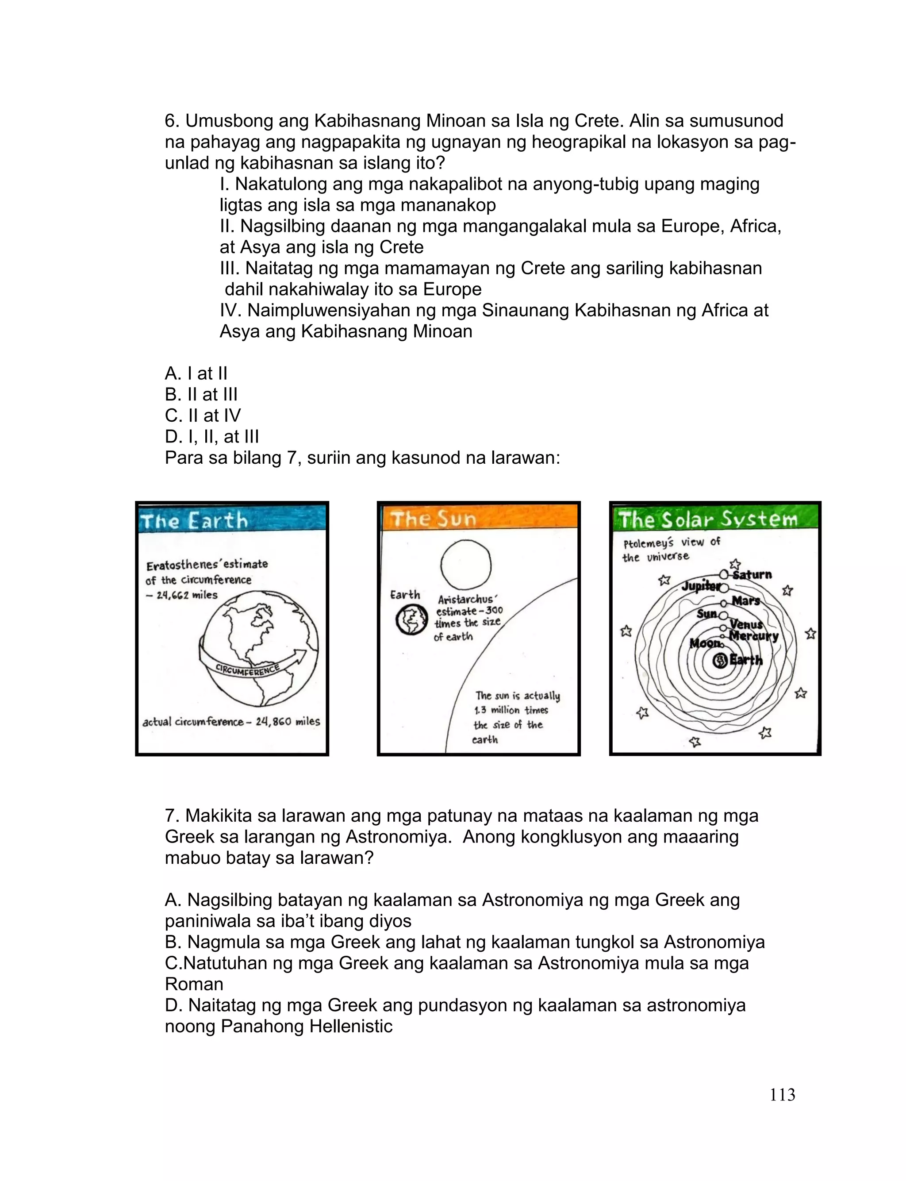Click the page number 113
tap(782, 1094)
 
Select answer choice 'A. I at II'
tap(196, 373)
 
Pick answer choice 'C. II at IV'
tap(202, 415)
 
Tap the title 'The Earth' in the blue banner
tap(194, 521)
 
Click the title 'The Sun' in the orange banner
tap(434, 519)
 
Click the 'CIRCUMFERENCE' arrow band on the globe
tap(248, 670)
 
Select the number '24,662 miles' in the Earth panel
tap(187, 595)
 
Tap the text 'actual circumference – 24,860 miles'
tap(231, 722)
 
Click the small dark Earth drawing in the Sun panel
tap(411, 620)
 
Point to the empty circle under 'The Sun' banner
tap(466, 565)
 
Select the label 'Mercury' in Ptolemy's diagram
tap(753, 636)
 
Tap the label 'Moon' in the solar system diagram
tap(704, 643)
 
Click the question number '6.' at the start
tap(172, 121)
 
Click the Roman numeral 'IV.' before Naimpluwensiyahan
tap(231, 311)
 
